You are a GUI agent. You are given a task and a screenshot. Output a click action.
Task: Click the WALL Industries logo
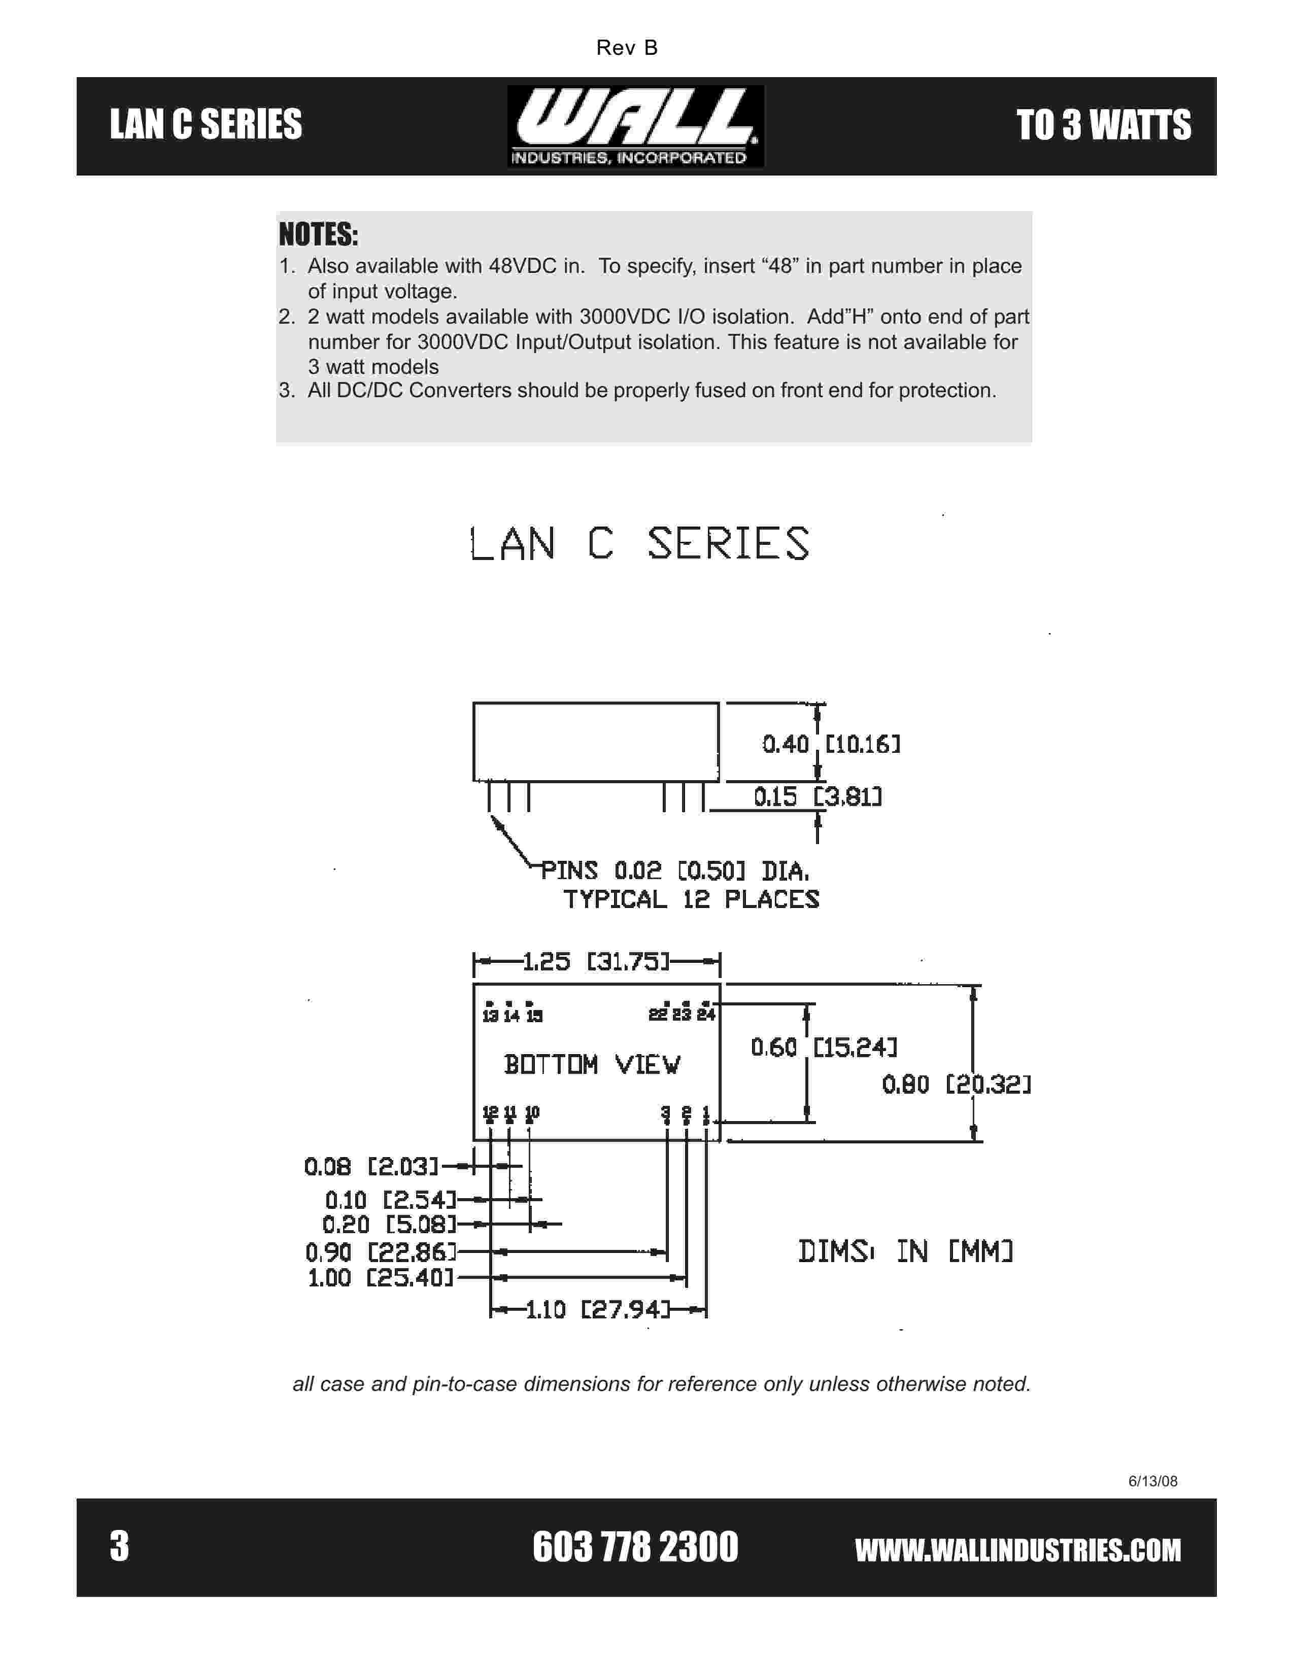635,126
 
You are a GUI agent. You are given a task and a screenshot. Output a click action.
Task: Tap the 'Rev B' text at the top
626,48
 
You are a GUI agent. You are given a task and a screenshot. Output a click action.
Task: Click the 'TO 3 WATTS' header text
1103,126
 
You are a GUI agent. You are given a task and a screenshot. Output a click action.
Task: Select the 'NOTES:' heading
318,234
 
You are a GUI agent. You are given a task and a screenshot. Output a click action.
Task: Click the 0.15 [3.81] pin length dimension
817,797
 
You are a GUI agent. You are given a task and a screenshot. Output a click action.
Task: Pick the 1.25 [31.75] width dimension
596,961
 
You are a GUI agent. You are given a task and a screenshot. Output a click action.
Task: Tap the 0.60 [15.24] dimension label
823,1047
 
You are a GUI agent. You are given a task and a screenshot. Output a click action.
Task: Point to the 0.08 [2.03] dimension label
371,1167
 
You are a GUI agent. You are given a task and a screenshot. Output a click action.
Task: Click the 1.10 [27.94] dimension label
598,1309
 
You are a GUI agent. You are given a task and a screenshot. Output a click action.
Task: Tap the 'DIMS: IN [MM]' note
905,1251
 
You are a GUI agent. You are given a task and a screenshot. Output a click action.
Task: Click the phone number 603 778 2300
635,1547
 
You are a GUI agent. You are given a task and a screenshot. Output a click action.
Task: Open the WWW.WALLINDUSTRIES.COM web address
1017,1549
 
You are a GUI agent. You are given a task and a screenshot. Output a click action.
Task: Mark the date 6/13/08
1152,1481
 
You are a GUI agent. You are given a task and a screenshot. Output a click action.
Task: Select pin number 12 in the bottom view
490,1112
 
